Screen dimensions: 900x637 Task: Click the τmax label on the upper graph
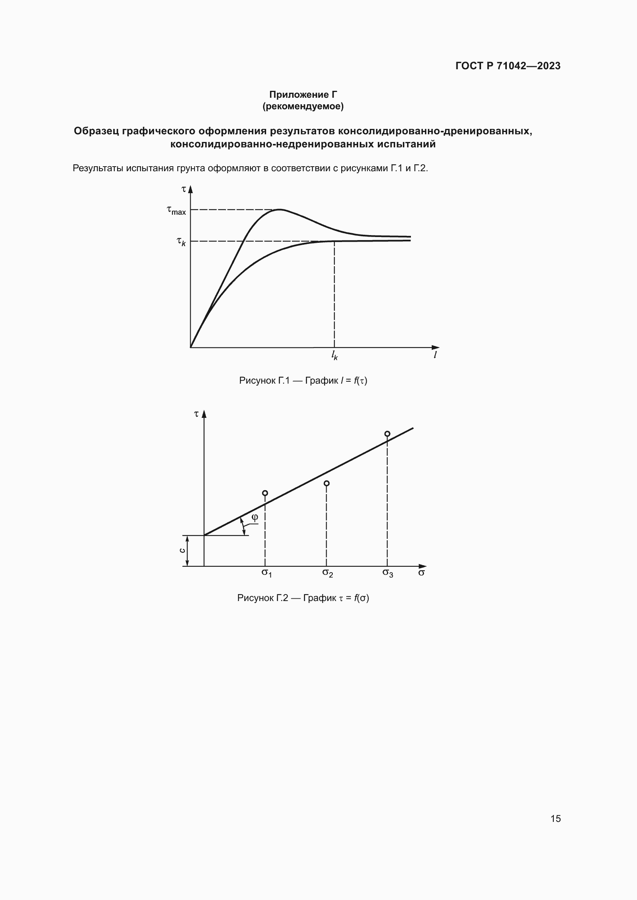click(x=176, y=211)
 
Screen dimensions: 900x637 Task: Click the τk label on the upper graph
click(x=181, y=242)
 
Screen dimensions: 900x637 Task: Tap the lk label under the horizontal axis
click(x=334, y=355)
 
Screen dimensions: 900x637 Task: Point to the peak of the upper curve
click(x=279, y=210)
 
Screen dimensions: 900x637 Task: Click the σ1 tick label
click(x=267, y=573)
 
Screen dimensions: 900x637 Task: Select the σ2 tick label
click(x=327, y=573)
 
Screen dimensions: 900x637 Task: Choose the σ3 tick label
click(x=387, y=573)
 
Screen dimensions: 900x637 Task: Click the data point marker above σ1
click(x=265, y=493)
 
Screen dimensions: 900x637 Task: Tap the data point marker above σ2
click(x=326, y=483)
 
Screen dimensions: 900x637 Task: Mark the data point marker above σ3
click(x=387, y=434)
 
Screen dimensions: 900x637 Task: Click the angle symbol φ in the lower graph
click(x=255, y=518)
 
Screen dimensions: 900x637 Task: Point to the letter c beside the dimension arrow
click(x=182, y=550)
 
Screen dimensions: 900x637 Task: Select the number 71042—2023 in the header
click(x=528, y=66)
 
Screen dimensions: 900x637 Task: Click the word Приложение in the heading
click(x=298, y=95)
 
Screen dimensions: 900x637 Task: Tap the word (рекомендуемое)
click(x=303, y=106)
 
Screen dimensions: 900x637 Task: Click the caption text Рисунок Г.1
click(x=264, y=381)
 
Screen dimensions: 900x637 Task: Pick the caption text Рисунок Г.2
click(x=262, y=598)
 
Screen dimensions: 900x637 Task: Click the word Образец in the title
click(x=96, y=131)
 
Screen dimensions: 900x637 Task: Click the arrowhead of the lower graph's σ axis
click(x=422, y=566)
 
